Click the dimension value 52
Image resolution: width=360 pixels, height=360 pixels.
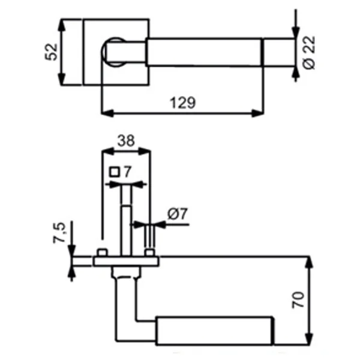coord(51,52)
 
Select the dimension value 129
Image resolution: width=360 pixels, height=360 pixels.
coord(183,103)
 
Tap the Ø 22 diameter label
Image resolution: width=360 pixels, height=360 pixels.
coord(309,52)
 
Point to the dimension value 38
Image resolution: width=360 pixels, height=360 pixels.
coord(126,140)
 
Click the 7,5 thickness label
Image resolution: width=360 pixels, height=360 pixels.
coord(59,233)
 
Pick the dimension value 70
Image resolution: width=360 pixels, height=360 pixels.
coord(298,299)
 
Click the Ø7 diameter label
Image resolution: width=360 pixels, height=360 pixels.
coord(178,214)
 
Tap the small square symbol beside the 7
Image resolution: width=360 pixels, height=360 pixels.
coord(115,172)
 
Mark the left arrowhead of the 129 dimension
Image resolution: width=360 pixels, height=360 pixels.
coord(107,113)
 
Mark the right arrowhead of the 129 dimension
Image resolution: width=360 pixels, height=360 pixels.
coord(257,113)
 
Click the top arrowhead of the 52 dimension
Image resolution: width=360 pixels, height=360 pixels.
coord(61,25)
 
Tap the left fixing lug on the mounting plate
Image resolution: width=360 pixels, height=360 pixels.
coord(102,253)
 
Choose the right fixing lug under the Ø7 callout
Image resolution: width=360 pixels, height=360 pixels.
coord(149,253)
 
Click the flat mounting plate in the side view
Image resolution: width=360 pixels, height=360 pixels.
coord(126,261)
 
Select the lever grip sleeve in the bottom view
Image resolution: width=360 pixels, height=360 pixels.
coord(214,331)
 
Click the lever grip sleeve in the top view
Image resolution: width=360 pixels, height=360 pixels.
coord(204,52)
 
